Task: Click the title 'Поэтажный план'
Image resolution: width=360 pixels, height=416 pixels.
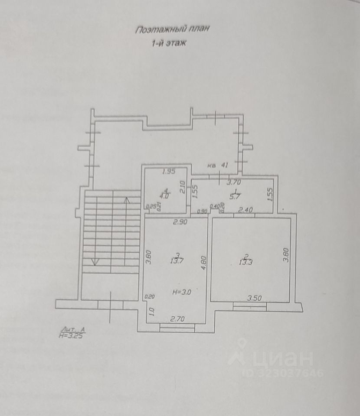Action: [x=172, y=30]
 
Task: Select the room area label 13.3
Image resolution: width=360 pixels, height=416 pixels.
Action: [x=246, y=260]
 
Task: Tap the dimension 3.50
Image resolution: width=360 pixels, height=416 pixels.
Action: [x=255, y=298]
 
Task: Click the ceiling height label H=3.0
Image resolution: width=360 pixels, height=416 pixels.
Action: [x=182, y=292]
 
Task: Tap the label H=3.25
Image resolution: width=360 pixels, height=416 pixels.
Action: [x=71, y=335]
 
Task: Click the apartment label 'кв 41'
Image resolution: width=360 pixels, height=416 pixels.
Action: [x=218, y=165]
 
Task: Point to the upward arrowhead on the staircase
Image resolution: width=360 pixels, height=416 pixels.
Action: [x=127, y=200]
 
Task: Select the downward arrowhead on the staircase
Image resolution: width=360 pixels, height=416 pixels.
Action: [x=95, y=262]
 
